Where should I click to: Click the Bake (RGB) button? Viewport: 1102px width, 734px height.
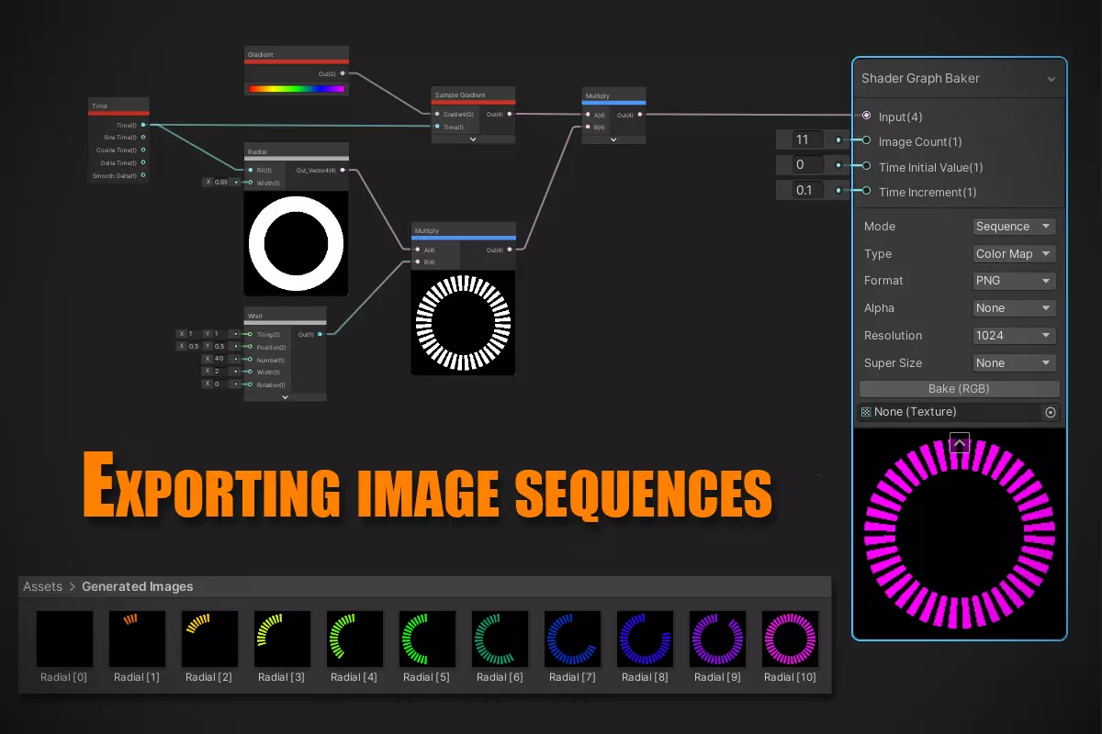point(959,389)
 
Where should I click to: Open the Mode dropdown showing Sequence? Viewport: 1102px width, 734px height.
point(1014,227)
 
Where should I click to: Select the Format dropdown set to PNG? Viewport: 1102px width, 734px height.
point(1014,281)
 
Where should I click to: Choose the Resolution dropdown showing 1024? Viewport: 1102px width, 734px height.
point(1014,336)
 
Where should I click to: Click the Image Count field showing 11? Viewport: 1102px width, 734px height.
point(809,140)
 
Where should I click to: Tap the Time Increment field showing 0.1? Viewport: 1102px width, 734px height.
point(809,191)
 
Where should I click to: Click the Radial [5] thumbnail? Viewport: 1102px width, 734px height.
point(427,639)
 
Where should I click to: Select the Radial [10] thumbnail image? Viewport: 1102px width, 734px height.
point(790,639)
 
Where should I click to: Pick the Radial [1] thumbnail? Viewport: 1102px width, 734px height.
point(137,639)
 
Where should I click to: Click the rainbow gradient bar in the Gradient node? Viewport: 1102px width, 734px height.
point(296,89)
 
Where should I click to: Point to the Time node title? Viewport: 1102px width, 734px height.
point(100,106)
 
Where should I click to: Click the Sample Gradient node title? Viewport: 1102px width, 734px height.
point(460,95)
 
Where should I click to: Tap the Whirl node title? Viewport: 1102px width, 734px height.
point(255,315)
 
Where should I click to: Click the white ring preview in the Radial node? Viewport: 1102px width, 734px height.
point(296,243)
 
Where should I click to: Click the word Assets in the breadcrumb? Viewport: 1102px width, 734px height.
point(43,587)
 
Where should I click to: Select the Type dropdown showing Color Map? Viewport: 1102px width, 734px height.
point(1014,254)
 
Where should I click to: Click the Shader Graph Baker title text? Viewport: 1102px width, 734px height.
point(920,79)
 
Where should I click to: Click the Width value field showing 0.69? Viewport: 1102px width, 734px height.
point(221,182)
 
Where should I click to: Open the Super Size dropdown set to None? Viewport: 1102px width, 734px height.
point(1014,363)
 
